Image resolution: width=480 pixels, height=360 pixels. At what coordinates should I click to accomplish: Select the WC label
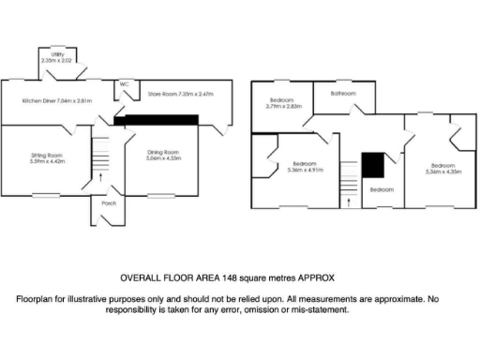123,85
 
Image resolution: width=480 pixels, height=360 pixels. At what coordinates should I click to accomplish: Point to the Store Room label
164,94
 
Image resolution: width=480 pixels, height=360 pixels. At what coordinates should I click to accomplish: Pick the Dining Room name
163,152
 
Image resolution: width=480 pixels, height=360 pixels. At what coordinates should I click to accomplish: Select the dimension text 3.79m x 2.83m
283,107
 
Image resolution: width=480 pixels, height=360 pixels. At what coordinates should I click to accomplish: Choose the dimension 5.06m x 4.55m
163,158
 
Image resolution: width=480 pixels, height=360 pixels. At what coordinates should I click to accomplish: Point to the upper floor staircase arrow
349,200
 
